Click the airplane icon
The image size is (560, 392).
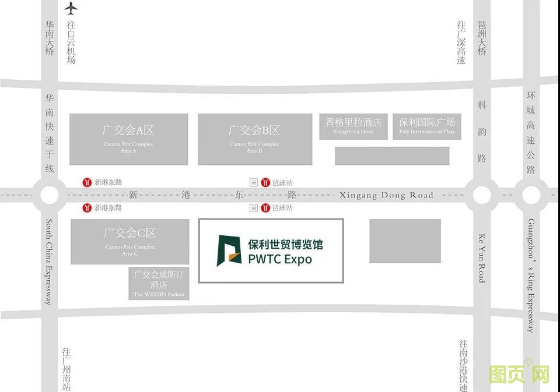(71, 8)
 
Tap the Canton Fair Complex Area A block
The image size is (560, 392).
(128, 139)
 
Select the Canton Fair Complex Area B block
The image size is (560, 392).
(254, 139)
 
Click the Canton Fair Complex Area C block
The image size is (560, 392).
(129, 241)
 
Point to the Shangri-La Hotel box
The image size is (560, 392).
(353, 126)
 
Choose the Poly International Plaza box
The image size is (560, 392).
(426, 126)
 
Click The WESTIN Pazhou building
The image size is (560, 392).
(159, 284)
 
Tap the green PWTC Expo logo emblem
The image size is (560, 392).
(229, 250)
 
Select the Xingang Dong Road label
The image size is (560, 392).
(386, 195)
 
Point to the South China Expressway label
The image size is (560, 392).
(50, 262)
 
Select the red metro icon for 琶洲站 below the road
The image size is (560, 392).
(265, 207)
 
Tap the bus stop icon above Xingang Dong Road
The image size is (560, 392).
(253, 182)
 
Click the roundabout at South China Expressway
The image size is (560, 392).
(49, 195)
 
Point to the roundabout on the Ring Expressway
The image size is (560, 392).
(531, 195)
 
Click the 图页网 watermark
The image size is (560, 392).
(519, 374)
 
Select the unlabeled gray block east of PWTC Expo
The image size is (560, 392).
(405, 241)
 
